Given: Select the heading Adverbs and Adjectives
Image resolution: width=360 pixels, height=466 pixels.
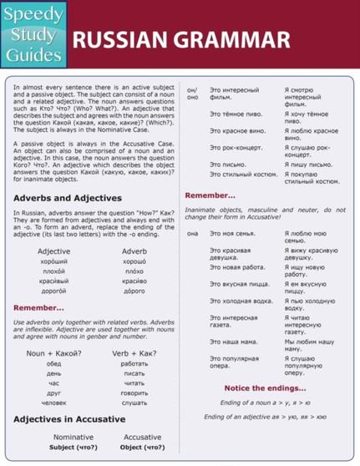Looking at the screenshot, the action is coord(68,198).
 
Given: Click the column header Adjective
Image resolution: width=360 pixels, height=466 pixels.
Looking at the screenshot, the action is coord(54,251).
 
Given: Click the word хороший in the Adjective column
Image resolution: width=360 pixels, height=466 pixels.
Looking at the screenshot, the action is coord(54,262).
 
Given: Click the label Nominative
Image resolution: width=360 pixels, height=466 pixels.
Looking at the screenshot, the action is coord(73,437).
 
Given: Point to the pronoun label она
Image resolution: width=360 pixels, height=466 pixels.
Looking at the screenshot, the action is coord(192,235).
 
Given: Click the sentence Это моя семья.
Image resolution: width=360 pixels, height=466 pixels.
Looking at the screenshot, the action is coord(233,235).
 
